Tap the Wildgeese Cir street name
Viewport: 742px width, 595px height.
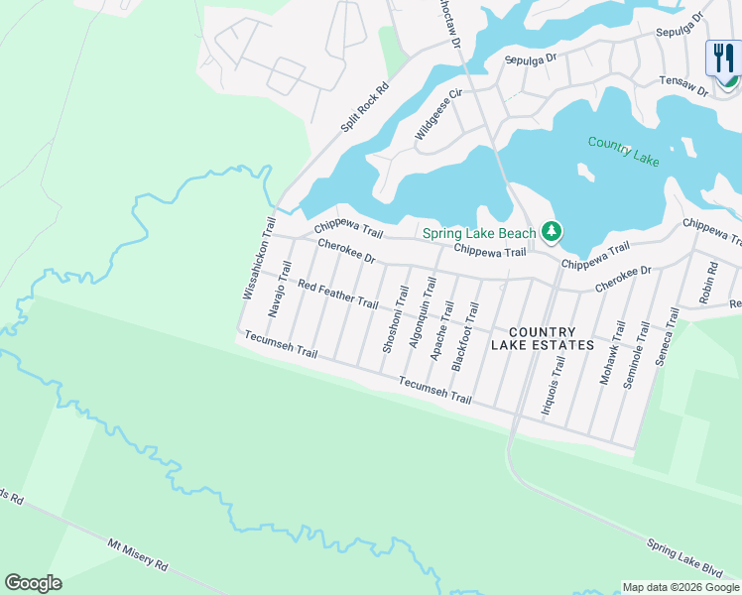click(x=438, y=116)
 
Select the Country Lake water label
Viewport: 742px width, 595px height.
click(x=623, y=150)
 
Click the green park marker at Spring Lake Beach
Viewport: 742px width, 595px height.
click(x=552, y=233)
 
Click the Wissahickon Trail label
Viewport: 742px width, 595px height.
click(x=257, y=259)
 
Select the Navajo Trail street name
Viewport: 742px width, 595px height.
click(x=279, y=289)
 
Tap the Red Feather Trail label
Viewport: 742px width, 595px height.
click(x=338, y=295)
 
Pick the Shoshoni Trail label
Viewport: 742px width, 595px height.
click(x=394, y=318)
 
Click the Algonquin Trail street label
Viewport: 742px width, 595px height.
click(x=423, y=310)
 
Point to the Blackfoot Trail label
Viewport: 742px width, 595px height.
click(x=465, y=337)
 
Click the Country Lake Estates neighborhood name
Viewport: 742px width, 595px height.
click(x=543, y=338)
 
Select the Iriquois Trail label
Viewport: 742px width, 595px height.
click(x=552, y=386)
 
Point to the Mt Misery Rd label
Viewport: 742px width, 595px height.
click(x=138, y=552)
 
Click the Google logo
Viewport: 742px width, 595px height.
click(x=33, y=583)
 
